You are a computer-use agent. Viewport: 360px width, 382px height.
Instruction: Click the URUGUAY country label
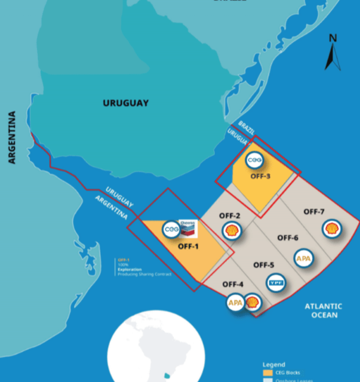pos(125,103)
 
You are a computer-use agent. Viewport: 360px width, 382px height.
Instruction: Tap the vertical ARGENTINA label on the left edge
pos(11,137)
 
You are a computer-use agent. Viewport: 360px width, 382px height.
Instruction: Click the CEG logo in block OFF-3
pos(256,159)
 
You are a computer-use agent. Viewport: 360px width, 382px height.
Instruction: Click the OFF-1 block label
pos(188,245)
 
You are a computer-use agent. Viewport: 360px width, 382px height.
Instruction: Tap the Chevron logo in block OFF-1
pos(187,227)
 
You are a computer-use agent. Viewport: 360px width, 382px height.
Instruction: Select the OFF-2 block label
pos(230,215)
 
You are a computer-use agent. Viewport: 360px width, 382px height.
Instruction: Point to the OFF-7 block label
pos(314,211)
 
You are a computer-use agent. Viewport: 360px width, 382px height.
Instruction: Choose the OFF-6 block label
pos(287,238)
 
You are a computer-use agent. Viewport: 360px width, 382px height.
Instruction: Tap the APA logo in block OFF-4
pos(235,303)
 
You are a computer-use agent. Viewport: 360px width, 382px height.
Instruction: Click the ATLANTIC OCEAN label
pos(323,310)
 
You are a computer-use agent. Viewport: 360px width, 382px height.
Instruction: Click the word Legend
pos(273,364)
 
